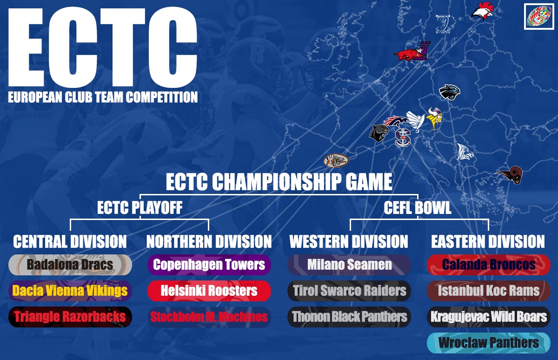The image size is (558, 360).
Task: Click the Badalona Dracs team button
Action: (x=70, y=265)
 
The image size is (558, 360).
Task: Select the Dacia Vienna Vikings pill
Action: (x=70, y=291)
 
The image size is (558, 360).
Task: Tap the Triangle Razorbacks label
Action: (x=70, y=317)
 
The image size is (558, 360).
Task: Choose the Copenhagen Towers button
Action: (x=209, y=265)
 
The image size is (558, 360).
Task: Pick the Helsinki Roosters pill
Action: (x=209, y=291)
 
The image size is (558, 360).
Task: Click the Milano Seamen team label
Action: (x=349, y=265)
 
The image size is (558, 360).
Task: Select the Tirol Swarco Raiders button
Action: (x=349, y=291)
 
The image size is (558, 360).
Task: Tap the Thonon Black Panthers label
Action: (x=349, y=317)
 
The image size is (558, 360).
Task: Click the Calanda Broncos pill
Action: (x=489, y=265)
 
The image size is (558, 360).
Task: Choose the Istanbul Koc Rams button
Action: (x=489, y=291)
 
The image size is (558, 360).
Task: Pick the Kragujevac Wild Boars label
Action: (x=489, y=317)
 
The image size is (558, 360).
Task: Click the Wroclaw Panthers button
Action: (x=489, y=343)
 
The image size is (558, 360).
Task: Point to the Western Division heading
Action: (x=349, y=241)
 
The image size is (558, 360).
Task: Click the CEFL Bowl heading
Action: (x=418, y=207)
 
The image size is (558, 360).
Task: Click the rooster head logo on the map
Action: (x=483, y=11)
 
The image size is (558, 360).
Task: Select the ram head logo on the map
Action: (x=510, y=175)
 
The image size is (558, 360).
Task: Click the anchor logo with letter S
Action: (x=403, y=138)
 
